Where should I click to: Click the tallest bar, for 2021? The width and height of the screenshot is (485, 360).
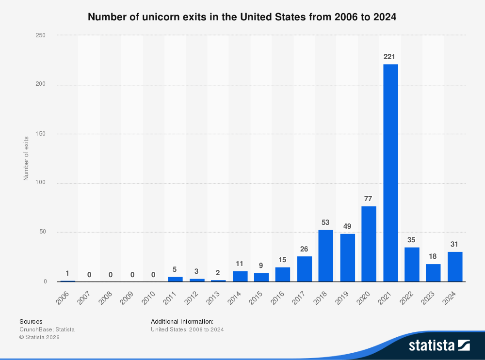(x=390, y=172)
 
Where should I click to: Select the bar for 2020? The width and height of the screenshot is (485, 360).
(x=369, y=244)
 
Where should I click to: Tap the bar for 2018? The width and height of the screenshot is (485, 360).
(x=325, y=255)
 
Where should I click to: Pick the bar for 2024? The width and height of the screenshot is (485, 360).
(x=454, y=266)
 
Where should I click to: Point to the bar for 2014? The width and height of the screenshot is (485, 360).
(x=240, y=276)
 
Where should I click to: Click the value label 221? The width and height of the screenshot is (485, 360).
(x=389, y=57)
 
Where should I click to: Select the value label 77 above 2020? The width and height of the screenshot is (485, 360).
(x=369, y=198)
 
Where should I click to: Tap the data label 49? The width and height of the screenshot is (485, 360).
(x=347, y=226)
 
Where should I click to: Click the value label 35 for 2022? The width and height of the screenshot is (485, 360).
(x=411, y=239)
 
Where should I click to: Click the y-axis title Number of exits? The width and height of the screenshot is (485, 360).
(x=26, y=158)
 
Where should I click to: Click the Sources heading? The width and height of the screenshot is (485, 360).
(x=31, y=321)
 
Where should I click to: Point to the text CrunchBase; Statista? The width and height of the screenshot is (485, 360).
(x=47, y=329)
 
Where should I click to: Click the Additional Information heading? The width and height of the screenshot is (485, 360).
(x=182, y=321)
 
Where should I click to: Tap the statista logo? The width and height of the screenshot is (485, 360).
(x=438, y=345)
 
